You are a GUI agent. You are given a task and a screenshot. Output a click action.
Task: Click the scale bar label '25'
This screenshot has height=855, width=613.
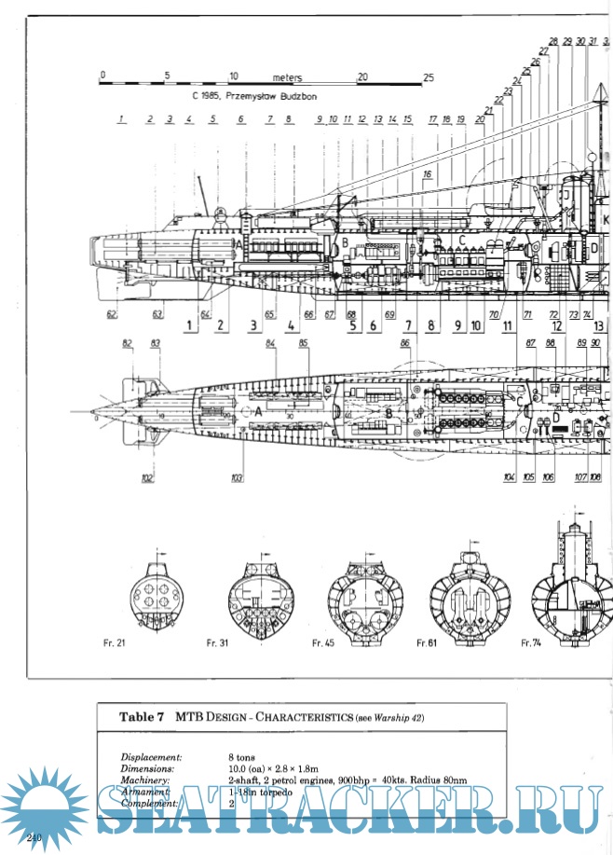(429, 77)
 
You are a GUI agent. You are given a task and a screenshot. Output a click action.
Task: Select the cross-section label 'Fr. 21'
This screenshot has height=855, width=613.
(115, 643)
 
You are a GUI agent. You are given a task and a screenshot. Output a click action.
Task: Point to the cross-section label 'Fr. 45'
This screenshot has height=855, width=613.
(324, 643)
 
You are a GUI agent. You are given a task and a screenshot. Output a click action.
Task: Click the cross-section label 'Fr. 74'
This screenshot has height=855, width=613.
(532, 643)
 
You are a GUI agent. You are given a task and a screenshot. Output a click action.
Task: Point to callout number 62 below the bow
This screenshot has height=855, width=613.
(112, 314)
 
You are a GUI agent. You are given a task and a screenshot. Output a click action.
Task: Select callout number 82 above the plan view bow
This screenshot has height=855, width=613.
(128, 344)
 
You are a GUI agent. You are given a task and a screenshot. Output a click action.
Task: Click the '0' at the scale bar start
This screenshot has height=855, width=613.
(102, 76)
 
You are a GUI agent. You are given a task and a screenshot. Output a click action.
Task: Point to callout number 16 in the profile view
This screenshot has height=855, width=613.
(428, 174)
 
